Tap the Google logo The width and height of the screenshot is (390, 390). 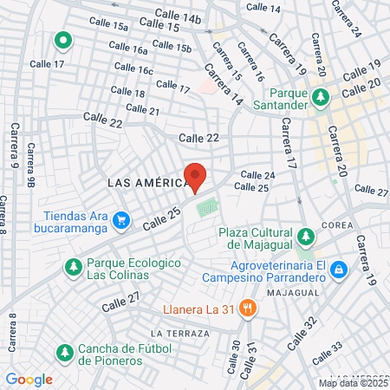point(29,379)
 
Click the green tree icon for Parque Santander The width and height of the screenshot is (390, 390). point(322,96)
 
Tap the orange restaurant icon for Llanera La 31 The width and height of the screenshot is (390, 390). point(248,308)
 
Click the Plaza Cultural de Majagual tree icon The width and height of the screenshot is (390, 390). point(305,237)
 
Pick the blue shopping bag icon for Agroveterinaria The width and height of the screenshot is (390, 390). point(339,271)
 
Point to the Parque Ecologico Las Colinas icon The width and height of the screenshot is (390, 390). point(72,267)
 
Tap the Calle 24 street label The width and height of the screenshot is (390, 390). point(257,175)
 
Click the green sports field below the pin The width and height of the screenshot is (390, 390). point(207,209)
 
